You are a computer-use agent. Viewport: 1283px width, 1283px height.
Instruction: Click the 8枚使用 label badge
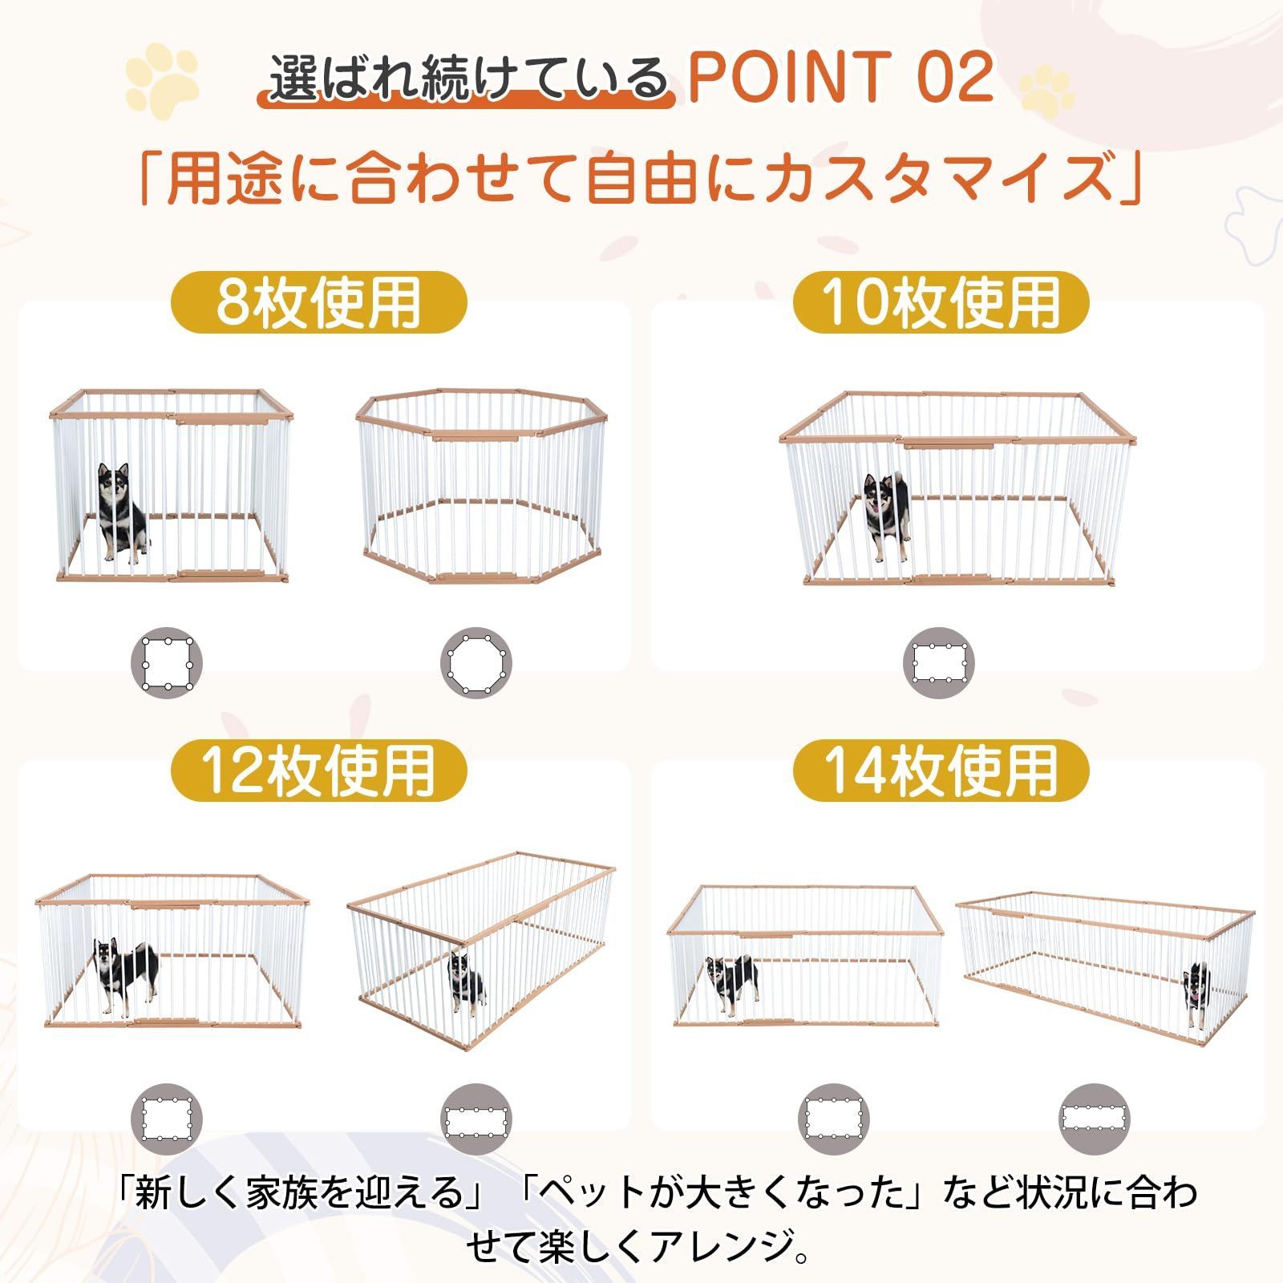tap(318, 302)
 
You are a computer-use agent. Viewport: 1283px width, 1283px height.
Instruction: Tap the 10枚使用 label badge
tap(941, 302)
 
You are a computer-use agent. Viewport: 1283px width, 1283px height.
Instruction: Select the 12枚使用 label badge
tap(318, 770)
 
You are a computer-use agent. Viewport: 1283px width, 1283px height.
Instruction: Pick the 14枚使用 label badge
tap(941, 770)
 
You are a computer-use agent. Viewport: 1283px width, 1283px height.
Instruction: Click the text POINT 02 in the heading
tap(840, 78)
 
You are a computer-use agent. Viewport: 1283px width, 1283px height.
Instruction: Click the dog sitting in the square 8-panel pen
tap(121, 512)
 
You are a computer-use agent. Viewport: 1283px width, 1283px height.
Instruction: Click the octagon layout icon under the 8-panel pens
tap(476, 663)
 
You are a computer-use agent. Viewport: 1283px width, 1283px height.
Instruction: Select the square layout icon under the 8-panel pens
tap(167, 663)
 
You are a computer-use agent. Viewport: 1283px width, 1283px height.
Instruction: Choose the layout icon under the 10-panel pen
tap(940, 663)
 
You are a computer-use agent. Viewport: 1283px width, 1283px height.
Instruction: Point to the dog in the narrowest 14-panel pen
tap(1196, 994)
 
